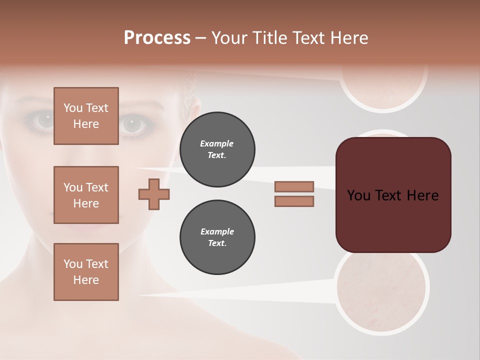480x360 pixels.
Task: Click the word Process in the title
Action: pyautogui.click(x=157, y=38)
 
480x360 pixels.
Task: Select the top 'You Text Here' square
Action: pyautogui.click(x=86, y=116)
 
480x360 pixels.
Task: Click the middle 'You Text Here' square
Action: pyautogui.click(x=86, y=195)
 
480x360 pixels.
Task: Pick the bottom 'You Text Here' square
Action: pyautogui.click(x=86, y=272)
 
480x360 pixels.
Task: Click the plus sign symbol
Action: pyautogui.click(x=154, y=194)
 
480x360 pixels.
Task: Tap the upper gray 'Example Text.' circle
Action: pyautogui.click(x=217, y=149)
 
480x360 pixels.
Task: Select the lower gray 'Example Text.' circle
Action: pyautogui.click(x=217, y=237)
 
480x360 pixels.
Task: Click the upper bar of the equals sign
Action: pyautogui.click(x=294, y=186)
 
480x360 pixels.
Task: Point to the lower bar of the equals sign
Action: pyautogui.click(x=294, y=201)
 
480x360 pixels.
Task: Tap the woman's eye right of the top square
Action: pyautogui.click(x=133, y=124)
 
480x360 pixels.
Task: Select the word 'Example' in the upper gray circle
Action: pyautogui.click(x=217, y=143)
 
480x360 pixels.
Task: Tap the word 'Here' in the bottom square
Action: pyautogui.click(x=86, y=280)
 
